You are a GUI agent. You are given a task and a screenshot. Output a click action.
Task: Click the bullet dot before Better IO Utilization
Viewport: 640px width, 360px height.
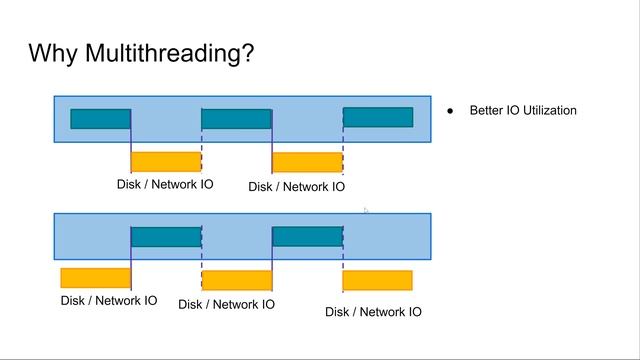(451, 111)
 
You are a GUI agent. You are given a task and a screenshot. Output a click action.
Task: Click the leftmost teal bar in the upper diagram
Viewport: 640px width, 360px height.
(100, 119)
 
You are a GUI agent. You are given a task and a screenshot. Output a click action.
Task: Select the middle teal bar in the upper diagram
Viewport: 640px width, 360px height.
(236, 119)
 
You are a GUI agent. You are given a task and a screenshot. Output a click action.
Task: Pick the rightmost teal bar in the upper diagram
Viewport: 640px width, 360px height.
(378, 118)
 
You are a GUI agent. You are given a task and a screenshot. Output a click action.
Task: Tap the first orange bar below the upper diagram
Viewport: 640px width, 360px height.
(166, 162)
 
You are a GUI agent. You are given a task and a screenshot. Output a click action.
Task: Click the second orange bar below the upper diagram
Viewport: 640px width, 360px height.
(307, 162)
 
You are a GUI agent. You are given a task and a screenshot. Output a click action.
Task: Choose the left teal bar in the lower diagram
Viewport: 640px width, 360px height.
(166, 237)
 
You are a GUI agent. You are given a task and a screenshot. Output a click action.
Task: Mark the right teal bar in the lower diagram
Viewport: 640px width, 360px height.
(307, 237)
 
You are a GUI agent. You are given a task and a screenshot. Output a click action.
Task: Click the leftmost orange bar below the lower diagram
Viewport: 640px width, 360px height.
(95, 278)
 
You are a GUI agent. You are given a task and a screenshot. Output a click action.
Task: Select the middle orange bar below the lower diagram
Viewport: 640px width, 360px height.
(237, 280)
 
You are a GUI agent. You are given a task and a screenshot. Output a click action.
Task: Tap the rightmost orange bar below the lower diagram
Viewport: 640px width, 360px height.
(378, 280)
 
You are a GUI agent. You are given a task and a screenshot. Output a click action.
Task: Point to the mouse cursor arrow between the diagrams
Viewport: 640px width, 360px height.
(366, 211)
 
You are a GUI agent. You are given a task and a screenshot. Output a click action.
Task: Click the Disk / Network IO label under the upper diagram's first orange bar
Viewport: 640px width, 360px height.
(165, 185)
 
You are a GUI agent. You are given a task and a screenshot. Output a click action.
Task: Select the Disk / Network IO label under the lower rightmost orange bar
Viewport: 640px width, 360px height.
(373, 312)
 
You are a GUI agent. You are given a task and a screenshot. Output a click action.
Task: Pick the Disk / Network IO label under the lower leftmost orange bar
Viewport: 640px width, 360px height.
(109, 300)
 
